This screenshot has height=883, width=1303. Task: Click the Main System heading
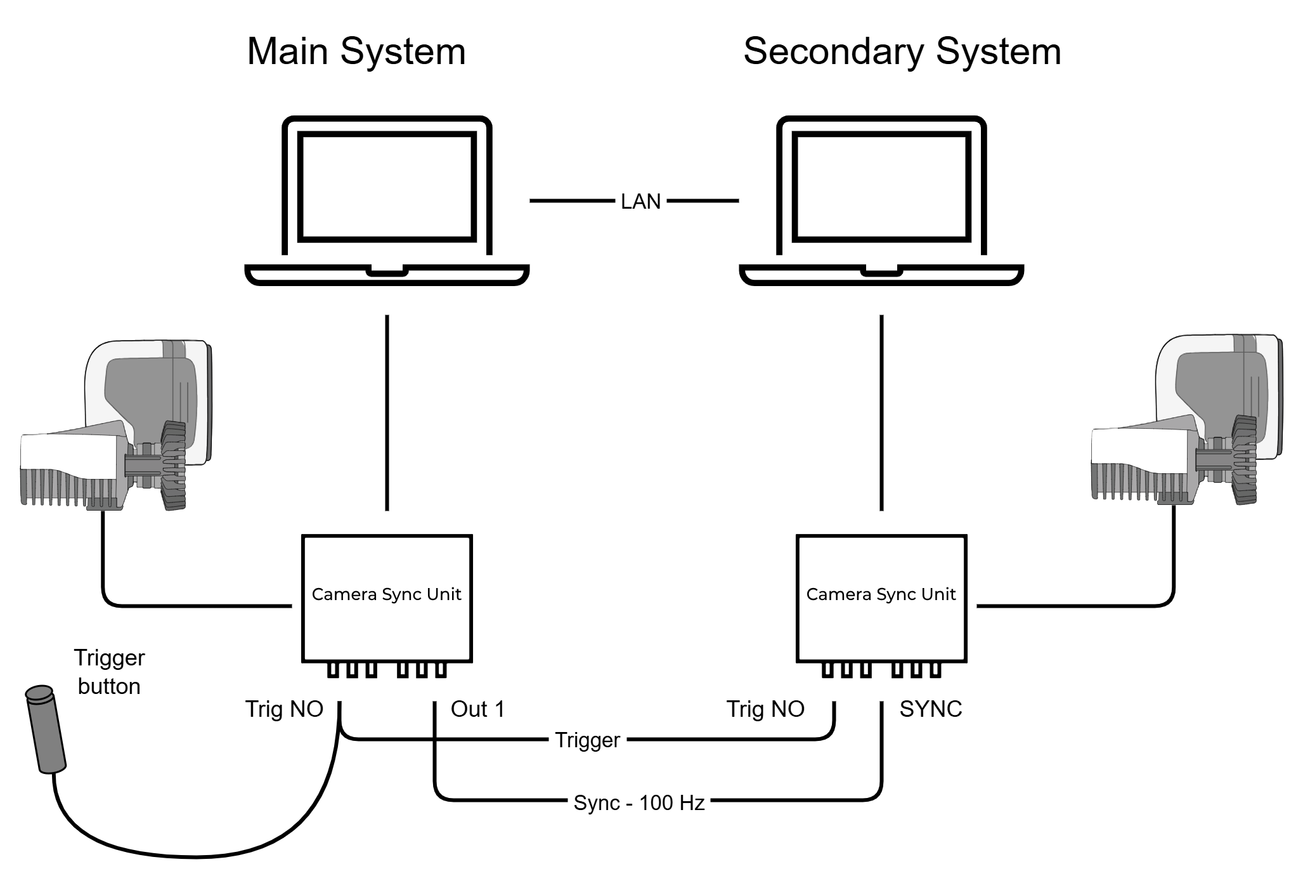pos(356,51)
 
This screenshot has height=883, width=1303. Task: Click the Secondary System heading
pos(902,51)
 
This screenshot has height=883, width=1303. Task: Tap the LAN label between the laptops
pos(640,201)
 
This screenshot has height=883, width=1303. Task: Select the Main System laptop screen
pos(387,186)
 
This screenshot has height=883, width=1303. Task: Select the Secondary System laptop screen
pos(881,186)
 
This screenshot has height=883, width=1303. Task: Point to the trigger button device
pos(46,729)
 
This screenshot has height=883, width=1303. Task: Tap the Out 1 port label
pos(477,709)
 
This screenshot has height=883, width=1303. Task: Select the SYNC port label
pos(930,709)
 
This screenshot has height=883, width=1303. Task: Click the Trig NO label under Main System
pos(284,709)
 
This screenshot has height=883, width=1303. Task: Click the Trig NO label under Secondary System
pos(765,709)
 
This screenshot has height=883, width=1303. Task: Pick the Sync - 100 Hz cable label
pos(639,803)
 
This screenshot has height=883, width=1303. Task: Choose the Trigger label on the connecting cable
pos(587,740)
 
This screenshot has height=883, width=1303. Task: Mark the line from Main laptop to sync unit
pos(387,412)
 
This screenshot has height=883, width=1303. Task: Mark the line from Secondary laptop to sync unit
pos(881,412)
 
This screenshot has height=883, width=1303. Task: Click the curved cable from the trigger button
pos(190,856)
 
